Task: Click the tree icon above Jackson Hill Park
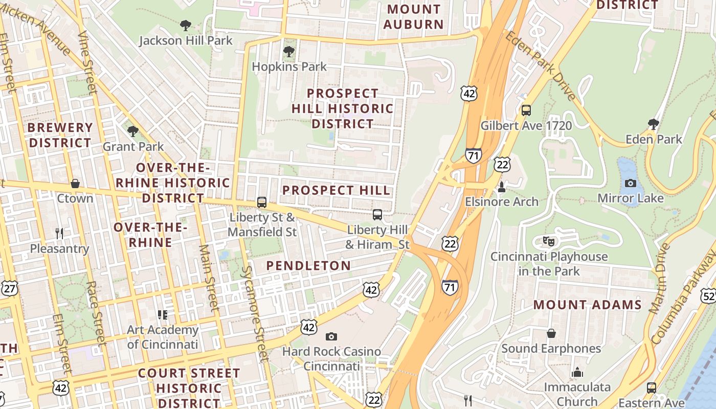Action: (186, 25)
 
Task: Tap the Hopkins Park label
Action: (289, 66)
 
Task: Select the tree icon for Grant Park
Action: (133, 131)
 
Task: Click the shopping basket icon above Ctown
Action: (75, 184)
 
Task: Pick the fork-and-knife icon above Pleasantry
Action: (59, 234)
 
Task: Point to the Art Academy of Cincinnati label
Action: (162, 337)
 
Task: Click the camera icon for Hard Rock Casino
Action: (331, 336)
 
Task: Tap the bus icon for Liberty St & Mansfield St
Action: (262, 202)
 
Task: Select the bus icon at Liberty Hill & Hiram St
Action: (377, 215)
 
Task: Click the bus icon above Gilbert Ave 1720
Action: (526, 110)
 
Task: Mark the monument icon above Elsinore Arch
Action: (502, 187)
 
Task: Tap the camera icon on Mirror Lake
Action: (631, 183)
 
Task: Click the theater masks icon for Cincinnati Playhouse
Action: (549, 241)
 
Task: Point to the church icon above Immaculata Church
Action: (577, 372)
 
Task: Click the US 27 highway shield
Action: (9, 289)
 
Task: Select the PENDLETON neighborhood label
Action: (308, 265)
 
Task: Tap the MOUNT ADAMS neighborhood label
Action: (587, 305)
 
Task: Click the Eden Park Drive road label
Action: (541, 65)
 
